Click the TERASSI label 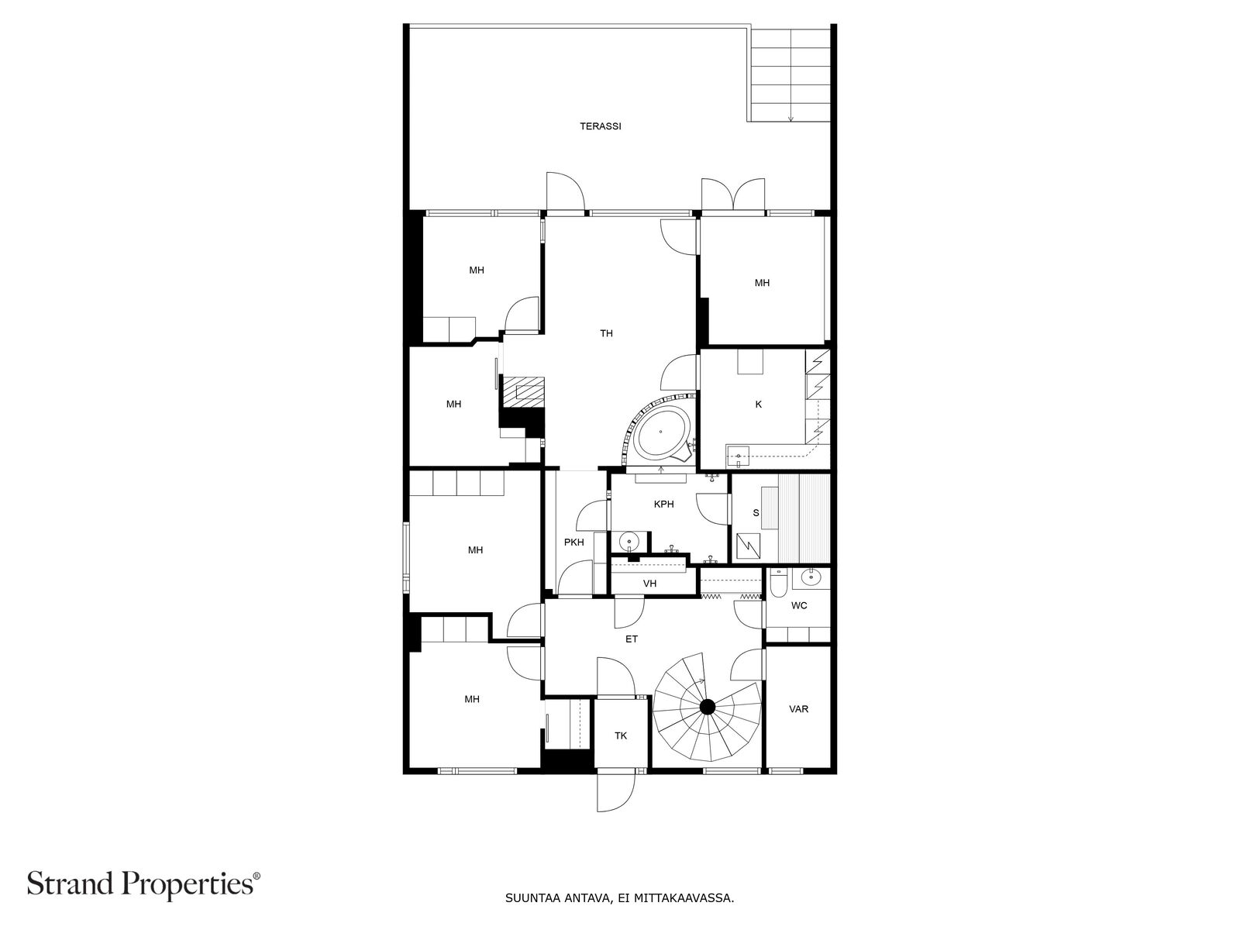pos(600,126)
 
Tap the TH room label pos(606,333)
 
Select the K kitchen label pos(759,405)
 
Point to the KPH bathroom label pos(663,505)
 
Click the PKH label pos(574,542)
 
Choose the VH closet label pos(649,584)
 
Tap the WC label pos(799,606)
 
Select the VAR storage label pos(799,709)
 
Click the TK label pos(621,736)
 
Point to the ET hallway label pos(632,639)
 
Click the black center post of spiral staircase pos(708,707)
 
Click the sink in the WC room pos(811,577)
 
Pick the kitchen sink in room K pos(738,456)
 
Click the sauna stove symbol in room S pos(749,546)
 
